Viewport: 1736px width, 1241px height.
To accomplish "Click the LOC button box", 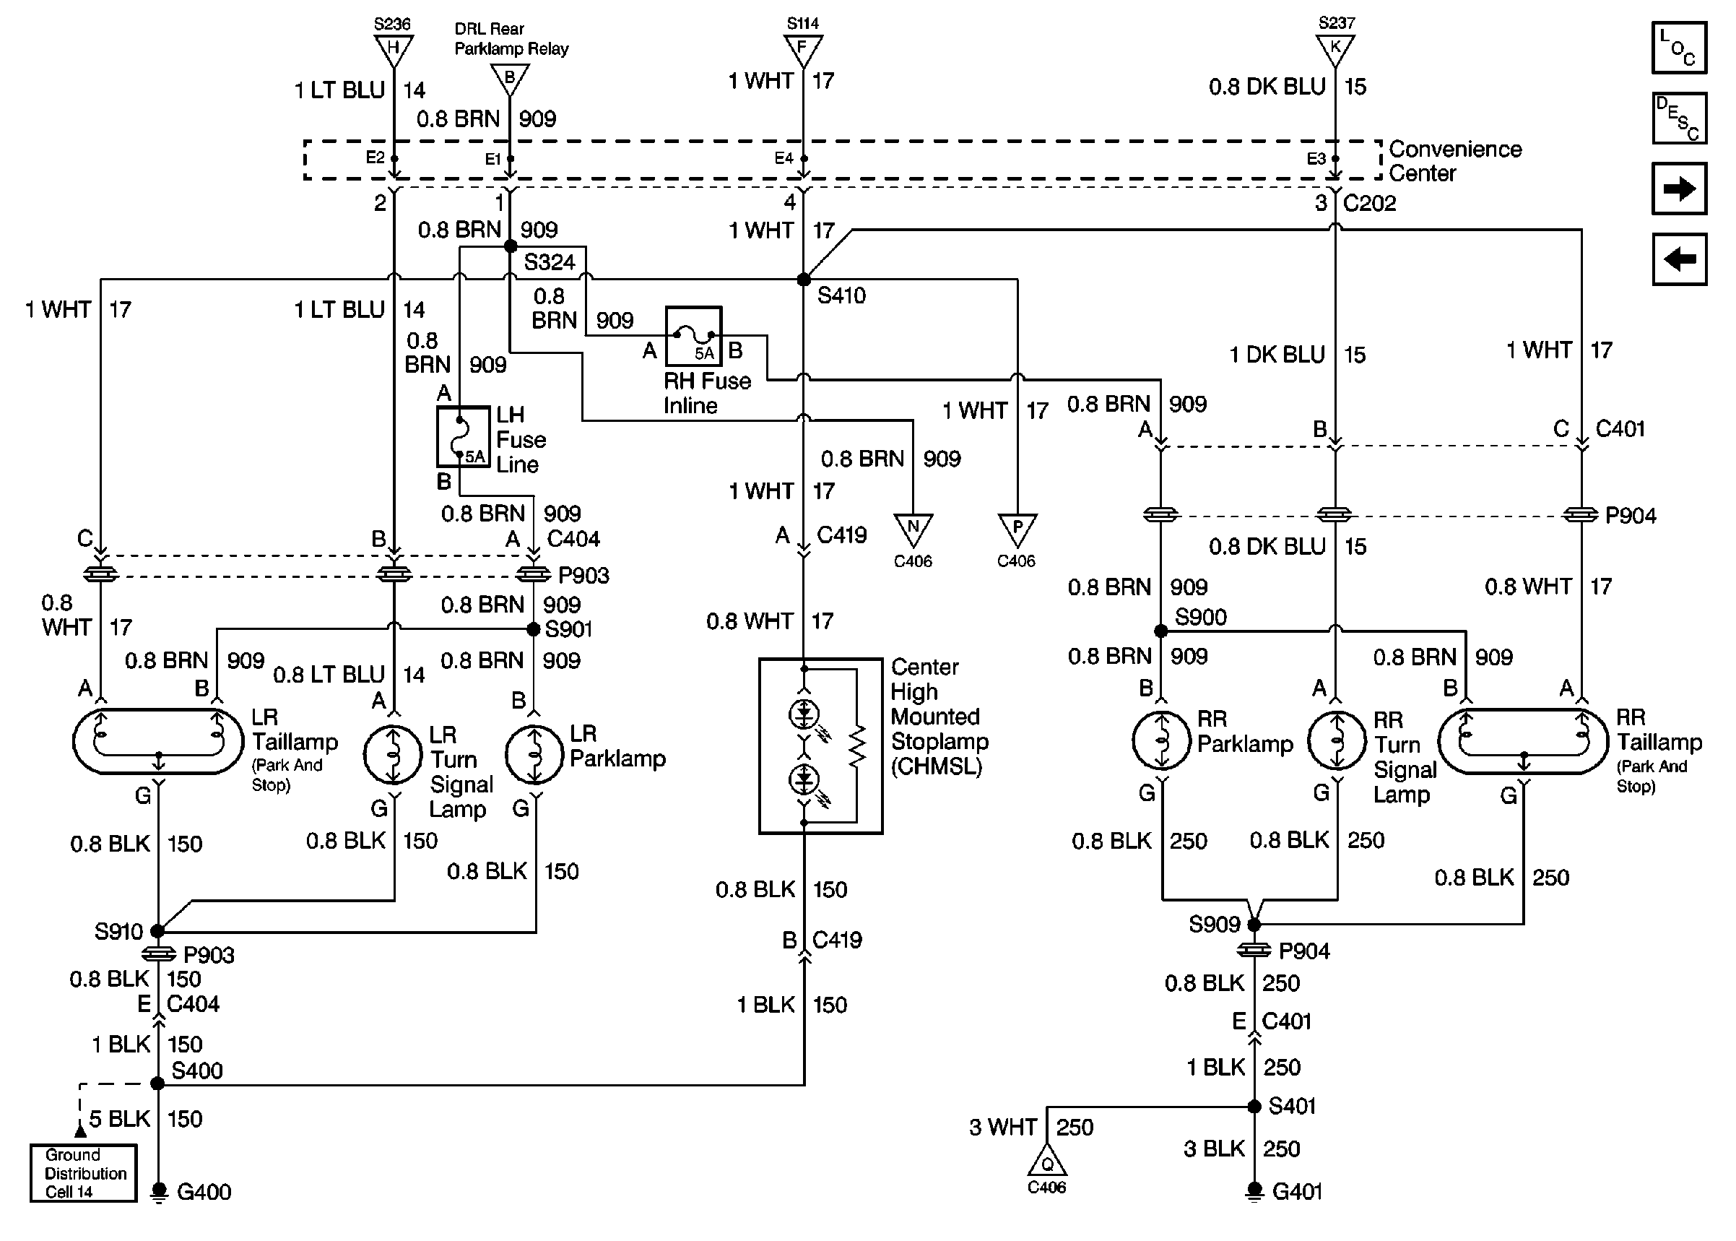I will (1679, 48).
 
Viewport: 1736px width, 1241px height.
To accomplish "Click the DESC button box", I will (1679, 118).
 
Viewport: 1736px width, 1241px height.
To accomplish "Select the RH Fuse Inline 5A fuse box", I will (693, 336).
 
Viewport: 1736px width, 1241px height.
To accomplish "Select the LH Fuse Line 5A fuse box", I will (463, 436).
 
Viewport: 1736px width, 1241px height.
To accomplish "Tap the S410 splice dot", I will (804, 280).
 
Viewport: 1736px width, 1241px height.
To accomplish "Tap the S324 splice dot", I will (510, 246).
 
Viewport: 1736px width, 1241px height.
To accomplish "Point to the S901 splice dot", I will (534, 629).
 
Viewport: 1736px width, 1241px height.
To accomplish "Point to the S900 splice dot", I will (1161, 631).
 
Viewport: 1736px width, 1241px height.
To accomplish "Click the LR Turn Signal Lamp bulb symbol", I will (394, 755).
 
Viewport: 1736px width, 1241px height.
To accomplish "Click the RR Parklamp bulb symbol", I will (1162, 740).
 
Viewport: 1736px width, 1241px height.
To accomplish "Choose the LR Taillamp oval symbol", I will (158, 742).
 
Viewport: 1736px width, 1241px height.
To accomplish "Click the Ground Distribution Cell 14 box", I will (83, 1173).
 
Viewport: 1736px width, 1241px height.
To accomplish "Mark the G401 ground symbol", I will (1254, 1191).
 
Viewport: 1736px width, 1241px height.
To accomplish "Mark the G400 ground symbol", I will (158, 1192).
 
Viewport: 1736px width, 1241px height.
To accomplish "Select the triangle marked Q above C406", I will (1047, 1162).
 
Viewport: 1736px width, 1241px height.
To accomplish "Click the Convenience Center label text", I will (1454, 161).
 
